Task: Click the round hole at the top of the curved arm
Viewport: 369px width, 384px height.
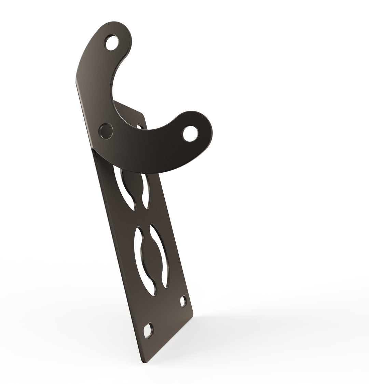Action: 112,43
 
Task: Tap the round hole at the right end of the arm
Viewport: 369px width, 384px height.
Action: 190,134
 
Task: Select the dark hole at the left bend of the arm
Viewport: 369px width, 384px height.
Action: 106,131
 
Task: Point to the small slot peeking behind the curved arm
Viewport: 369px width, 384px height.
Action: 139,127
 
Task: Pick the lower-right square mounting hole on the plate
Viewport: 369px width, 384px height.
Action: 183,301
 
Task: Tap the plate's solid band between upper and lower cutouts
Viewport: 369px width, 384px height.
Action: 143,217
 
